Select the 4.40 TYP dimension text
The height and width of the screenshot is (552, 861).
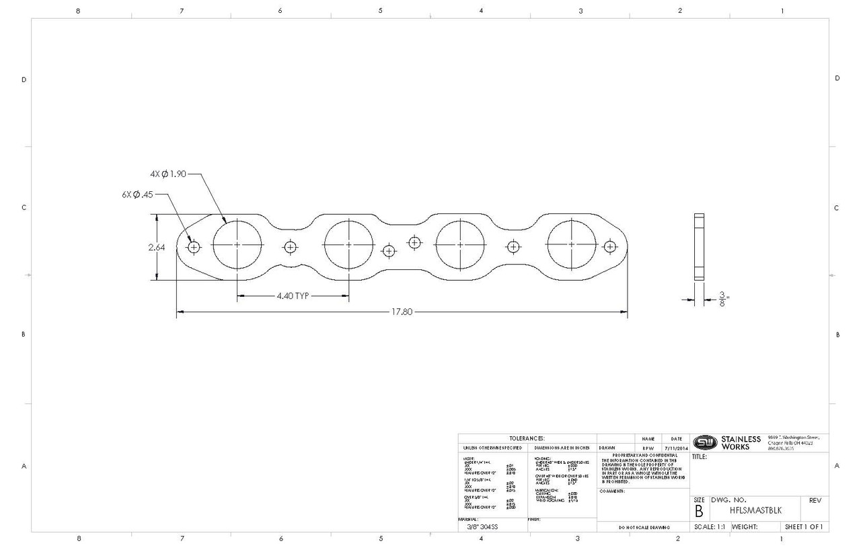292,296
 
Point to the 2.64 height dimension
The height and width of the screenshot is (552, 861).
157,247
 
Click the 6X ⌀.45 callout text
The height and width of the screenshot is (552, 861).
137,195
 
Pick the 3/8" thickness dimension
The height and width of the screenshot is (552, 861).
722,300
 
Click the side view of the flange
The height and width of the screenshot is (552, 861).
699,247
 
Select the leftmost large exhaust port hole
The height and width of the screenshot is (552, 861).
237,246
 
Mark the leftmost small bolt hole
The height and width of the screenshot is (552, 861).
194,247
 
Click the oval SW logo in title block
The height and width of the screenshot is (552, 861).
704,442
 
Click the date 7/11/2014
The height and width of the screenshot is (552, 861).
675,447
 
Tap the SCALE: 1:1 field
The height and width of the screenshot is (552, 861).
709,526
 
